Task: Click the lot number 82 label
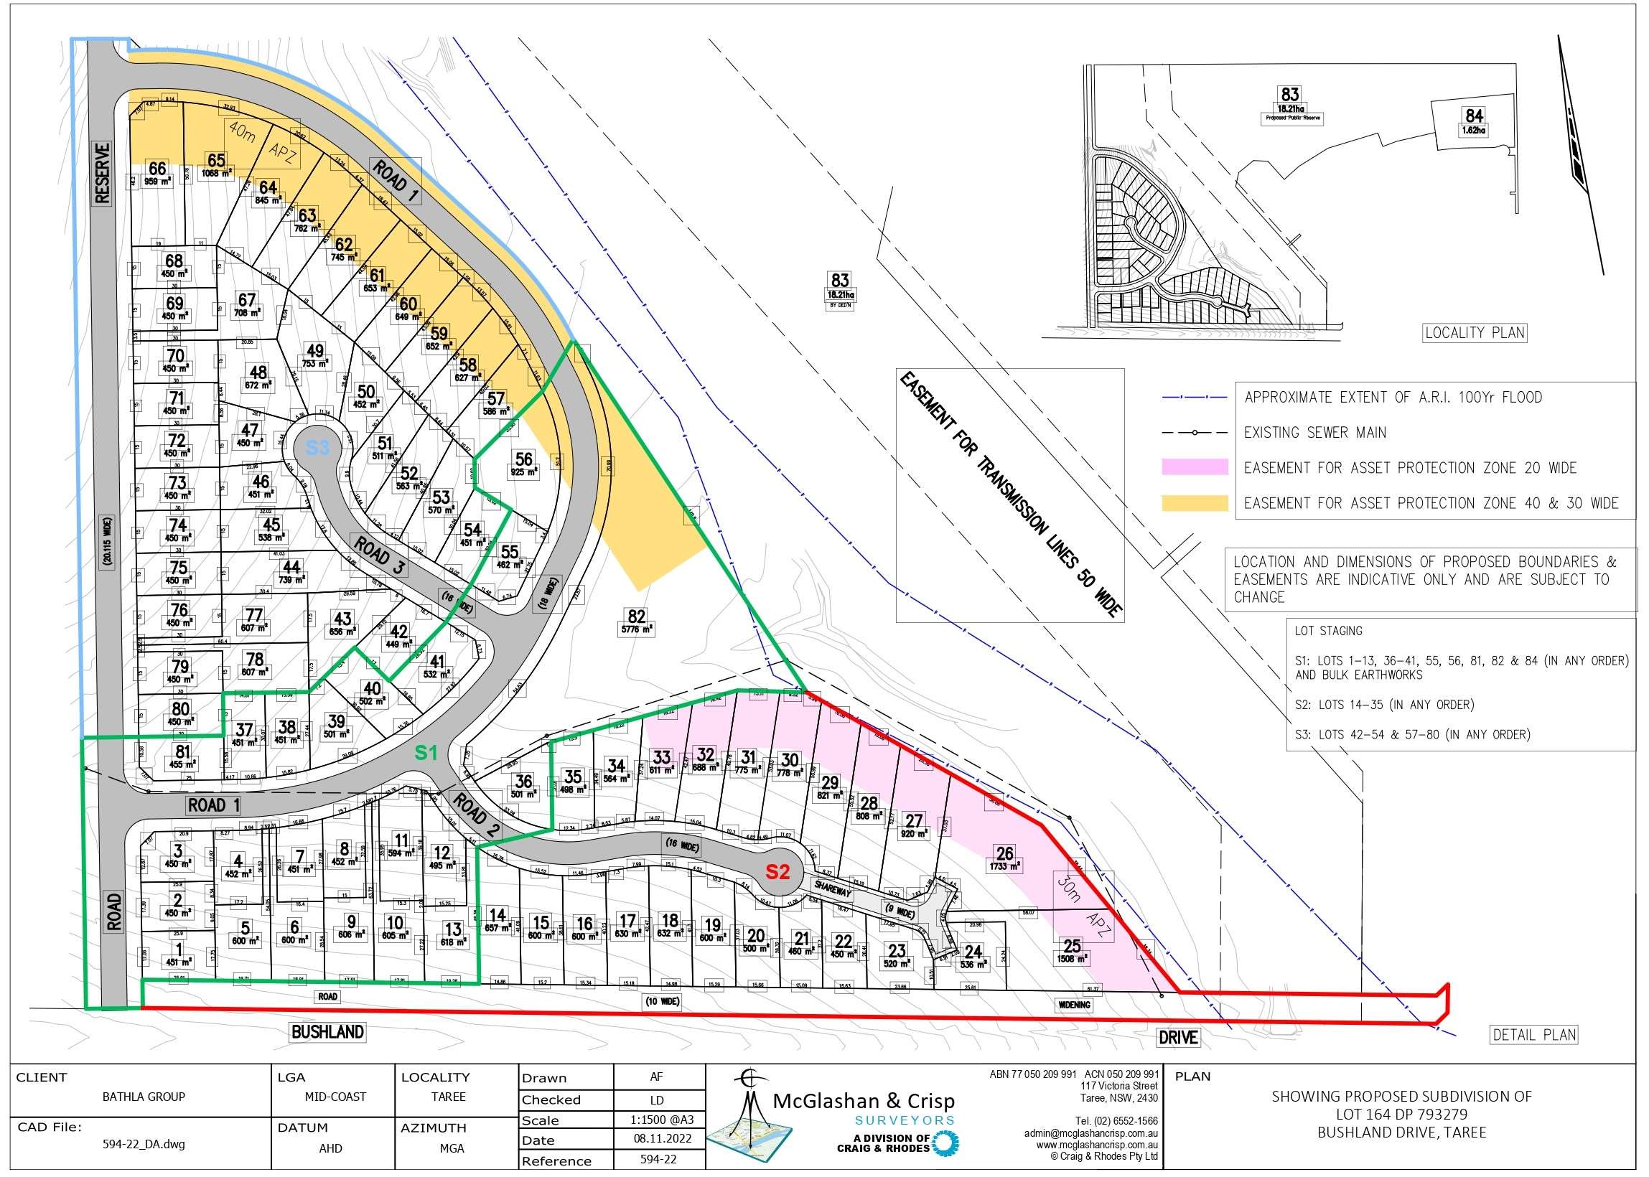click(635, 616)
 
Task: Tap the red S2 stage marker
click(777, 871)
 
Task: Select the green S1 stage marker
click(426, 753)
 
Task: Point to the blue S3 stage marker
click(317, 447)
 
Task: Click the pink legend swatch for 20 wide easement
click(1195, 467)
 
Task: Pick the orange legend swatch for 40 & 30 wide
click(1195, 503)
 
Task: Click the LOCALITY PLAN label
click(1475, 333)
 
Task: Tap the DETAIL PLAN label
click(1533, 1035)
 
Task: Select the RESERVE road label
click(103, 174)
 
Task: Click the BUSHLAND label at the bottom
click(327, 1032)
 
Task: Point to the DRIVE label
click(1178, 1037)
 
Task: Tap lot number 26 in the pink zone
click(1004, 854)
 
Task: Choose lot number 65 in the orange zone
click(216, 160)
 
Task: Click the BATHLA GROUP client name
click(144, 1097)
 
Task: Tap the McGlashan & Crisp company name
click(864, 1102)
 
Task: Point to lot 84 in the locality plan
click(1474, 116)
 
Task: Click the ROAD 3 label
click(378, 555)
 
